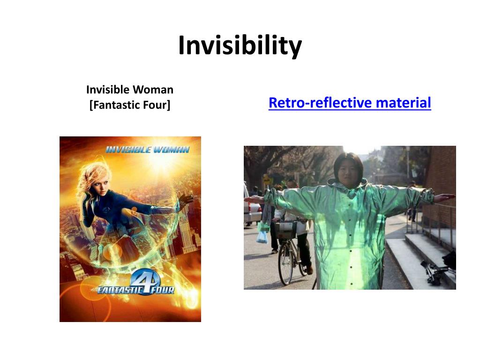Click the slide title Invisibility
click(240, 46)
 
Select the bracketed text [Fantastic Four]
click(130, 105)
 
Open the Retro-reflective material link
click(350, 103)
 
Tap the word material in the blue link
click(405, 103)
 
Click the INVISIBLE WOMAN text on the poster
click(147, 150)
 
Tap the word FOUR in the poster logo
click(164, 290)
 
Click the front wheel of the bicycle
click(285, 265)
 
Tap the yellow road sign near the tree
click(266, 180)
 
